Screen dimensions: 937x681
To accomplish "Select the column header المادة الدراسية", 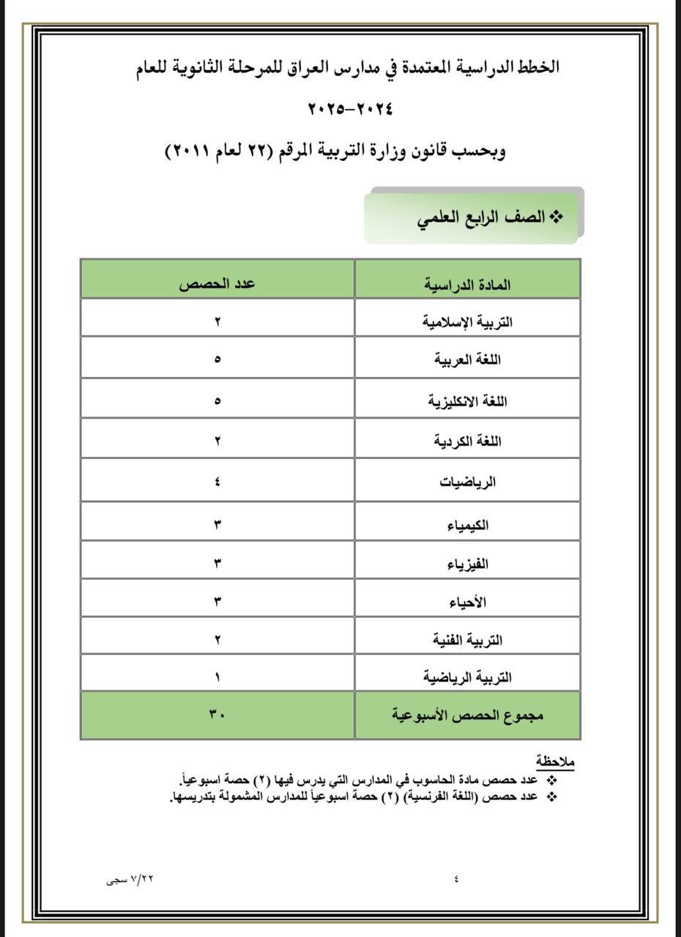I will click(467, 285).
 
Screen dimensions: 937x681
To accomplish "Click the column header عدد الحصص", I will click(217, 285).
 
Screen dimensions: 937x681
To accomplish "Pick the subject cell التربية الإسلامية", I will click(466, 321).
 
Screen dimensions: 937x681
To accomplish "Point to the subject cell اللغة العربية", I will click(467, 360).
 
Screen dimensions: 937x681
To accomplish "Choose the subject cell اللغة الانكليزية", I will click(467, 402).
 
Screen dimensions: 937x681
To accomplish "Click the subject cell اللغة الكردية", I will click(467, 441).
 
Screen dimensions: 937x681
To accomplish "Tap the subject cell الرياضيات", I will click(467, 482).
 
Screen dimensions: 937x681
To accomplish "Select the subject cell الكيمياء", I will click(467, 525).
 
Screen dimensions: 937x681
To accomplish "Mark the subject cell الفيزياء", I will click(467, 564).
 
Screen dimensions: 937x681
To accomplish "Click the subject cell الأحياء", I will click(467, 602).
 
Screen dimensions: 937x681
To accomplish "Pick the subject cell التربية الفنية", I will click(467, 640).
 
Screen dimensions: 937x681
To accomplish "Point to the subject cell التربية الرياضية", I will click(467, 677).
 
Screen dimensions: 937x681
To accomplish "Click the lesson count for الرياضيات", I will click(218, 482).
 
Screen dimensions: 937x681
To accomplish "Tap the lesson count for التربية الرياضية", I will click(218, 677).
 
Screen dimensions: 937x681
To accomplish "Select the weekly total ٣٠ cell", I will click(217, 714).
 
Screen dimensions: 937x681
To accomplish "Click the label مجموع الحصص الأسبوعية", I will click(467, 714).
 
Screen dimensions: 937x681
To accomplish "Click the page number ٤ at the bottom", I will click(456, 879).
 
